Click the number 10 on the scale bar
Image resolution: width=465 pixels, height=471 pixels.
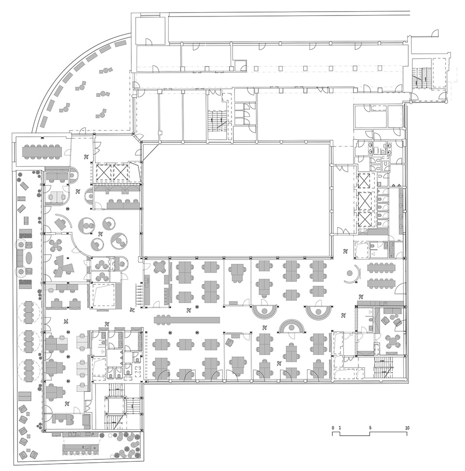pyautogui.click(x=407, y=428)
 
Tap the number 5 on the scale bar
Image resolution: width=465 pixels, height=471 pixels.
pyautogui.click(x=370, y=428)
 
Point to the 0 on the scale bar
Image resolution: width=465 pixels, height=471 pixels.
pyautogui.click(x=333, y=428)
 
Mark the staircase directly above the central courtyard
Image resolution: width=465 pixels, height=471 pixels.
pyautogui.click(x=217, y=117)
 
